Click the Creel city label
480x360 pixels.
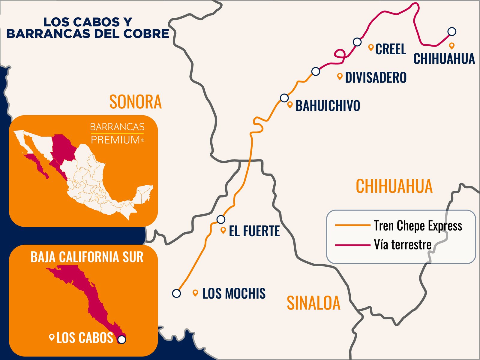(390, 49)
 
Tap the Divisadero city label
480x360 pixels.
(376, 77)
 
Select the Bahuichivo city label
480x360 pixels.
(328, 106)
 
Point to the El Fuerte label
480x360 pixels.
(254, 231)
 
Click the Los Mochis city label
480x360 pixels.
(234, 293)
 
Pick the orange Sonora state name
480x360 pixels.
(135, 102)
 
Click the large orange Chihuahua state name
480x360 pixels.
(394, 186)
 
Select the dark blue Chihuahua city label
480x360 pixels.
(444, 59)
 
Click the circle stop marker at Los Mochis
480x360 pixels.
(176, 293)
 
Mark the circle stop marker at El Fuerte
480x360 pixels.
(221, 219)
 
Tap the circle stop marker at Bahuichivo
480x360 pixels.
(284, 98)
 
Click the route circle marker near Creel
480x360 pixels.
(357, 42)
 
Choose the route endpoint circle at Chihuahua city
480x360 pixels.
(451, 31)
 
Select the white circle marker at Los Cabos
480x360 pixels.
(121, 340)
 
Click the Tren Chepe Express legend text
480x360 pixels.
(418, 226)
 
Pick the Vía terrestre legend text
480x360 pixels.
(402, 245)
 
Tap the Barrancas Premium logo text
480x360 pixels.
(117, 133)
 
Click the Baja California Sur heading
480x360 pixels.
(87, 257)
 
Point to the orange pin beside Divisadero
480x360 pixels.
(340, 76)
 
